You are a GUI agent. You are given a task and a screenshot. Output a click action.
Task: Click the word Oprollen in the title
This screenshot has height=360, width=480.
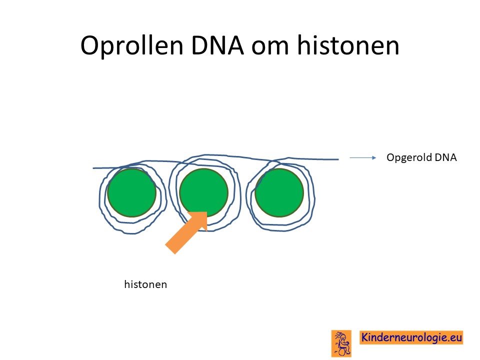(x=131, y=46)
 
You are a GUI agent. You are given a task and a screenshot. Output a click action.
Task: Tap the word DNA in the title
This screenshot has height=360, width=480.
(x=217, y=45)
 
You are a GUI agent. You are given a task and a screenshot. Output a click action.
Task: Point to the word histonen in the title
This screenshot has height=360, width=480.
(x=348, y=45)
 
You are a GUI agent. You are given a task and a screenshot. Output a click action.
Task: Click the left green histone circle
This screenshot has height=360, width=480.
(x=131, y=192)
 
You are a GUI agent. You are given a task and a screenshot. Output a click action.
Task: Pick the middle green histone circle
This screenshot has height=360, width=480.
(x=203, y=192)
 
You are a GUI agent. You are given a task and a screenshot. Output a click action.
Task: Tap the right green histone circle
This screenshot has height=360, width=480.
(x=279, y=192)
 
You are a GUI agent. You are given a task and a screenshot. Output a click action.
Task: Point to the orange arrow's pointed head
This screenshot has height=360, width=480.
(x=207, y=212)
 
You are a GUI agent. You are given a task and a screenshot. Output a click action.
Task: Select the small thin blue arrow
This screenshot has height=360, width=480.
(x=363, y=157)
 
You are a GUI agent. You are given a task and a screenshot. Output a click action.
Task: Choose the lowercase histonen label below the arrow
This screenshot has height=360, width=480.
(x=145, y=284)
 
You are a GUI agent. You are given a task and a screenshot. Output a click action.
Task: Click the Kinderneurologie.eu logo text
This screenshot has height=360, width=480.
(x=411, y=337)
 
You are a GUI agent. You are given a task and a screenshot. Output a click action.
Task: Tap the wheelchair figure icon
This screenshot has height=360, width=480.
(x=341, y=343)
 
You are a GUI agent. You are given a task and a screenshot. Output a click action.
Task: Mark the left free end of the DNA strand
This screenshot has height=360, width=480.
(x=93, y=168)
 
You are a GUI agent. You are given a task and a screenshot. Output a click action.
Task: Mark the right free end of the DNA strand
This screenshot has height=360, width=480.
(x=338, y=159)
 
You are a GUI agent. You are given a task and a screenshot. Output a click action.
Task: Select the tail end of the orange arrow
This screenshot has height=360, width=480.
(x=170, y=249)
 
